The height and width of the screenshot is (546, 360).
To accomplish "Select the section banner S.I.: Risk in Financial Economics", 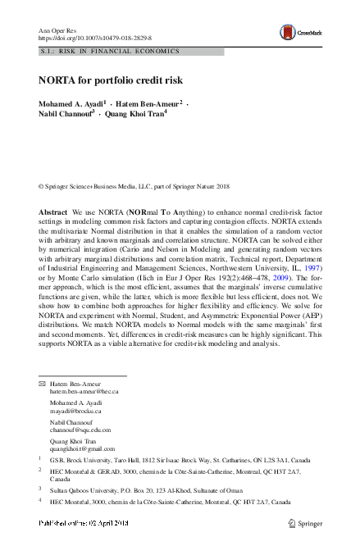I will (109, 51).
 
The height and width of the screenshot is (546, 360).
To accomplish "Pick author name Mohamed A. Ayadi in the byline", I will (71, 104).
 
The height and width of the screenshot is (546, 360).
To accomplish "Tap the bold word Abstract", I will (53, 212).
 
